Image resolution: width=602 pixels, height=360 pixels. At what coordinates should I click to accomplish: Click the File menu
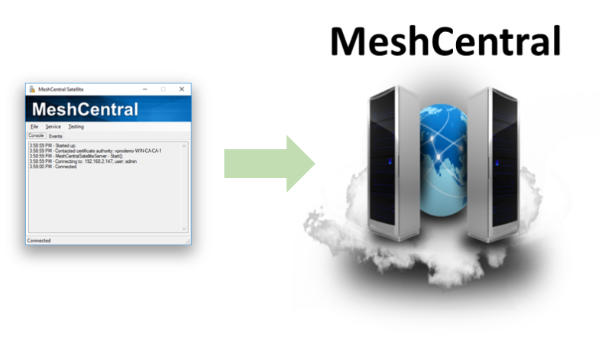(34, 126)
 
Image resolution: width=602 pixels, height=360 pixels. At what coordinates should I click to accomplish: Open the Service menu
(53, 126)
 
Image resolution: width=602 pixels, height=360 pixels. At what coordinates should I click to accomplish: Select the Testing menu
(76, 126)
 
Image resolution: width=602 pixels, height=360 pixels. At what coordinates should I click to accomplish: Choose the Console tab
(36, 135)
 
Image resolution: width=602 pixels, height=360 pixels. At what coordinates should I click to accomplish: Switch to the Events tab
(56, 135)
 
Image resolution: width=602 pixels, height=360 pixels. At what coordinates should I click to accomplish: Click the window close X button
(182, 89)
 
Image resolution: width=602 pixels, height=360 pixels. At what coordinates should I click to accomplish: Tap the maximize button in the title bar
(163, 89)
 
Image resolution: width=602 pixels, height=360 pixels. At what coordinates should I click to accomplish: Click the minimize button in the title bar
(144, 89)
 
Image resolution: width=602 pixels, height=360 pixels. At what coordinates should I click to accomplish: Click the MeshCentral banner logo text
(85, 109)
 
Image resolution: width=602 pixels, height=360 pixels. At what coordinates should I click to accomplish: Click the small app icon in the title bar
(31, 89)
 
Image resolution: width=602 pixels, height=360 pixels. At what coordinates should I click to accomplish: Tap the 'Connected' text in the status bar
(39, 241)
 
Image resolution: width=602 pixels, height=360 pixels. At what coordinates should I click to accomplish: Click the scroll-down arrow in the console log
(184, 228)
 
